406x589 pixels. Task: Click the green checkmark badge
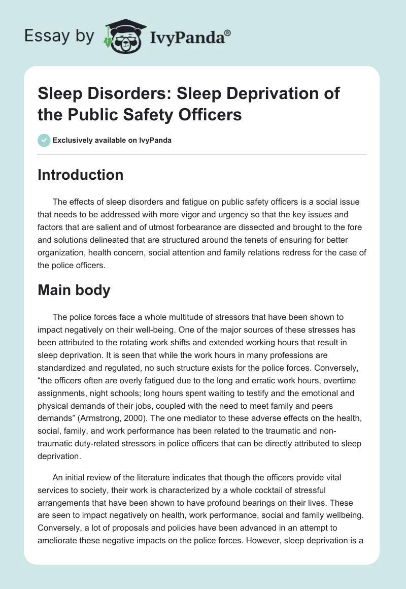click(44, 140)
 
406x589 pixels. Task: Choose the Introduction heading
click(80, 175)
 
